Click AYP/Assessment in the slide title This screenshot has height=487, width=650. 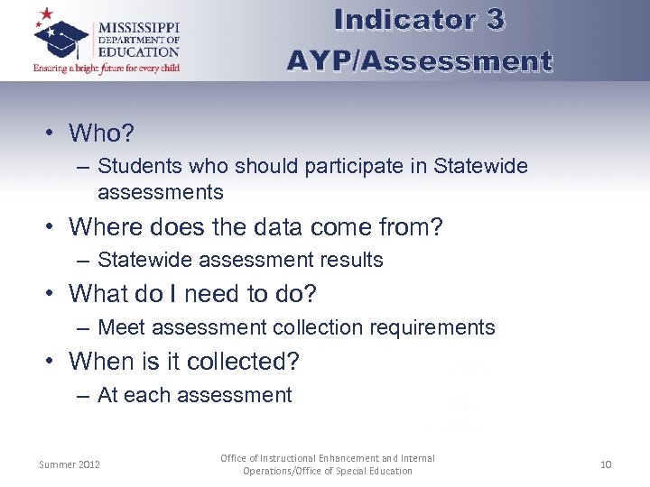(419, 60)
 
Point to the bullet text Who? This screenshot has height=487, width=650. (101, 133)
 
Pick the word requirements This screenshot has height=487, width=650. (438, 327)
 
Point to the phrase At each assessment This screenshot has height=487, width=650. (194, 395)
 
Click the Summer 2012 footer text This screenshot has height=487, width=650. (70, 464)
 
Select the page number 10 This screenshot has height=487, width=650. (605, 464)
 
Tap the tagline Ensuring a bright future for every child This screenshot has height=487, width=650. (107, 69)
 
